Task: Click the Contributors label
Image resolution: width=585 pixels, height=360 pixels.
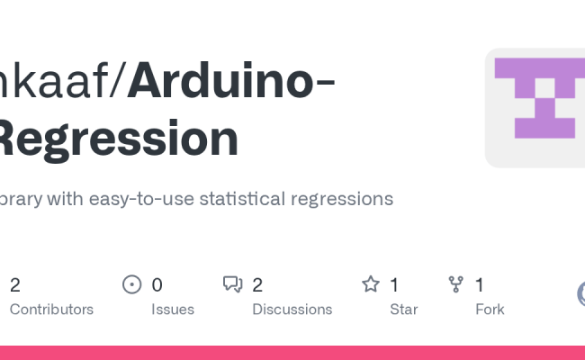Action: click(x=51, y=310)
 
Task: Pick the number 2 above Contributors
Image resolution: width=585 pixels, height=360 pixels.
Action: click(x=15, y=285)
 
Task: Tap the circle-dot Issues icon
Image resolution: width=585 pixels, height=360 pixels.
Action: click(x=131, y=285)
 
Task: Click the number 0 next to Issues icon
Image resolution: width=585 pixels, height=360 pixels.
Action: click(x=157, y=285)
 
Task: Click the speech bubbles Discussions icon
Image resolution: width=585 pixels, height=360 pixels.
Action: click(x=232, y=285)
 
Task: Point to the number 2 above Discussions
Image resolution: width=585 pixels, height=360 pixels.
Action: click(x=257, y=285)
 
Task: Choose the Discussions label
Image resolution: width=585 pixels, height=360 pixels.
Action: click(x=292, y=310)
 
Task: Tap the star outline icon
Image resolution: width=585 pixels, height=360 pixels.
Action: click(x=371, y=285)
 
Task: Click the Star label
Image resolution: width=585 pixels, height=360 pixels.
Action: click(x=403, y=310)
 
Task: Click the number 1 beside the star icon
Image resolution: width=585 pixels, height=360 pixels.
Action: click(x=394, y=285)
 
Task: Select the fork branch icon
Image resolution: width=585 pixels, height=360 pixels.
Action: click(x=456, y=285)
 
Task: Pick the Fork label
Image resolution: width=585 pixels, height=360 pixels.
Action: click(x=490, y=310)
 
